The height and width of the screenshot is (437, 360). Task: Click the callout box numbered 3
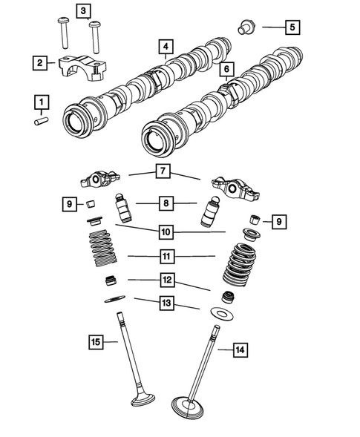coord(82,10)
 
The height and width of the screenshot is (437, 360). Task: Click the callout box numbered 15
coord(95,342)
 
